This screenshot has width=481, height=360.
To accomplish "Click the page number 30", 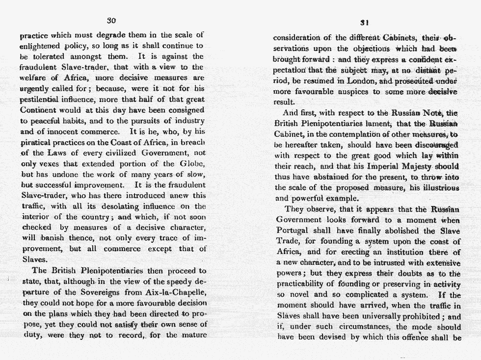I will coord(111,20).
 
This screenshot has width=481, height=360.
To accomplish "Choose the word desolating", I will coord(106,206).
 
